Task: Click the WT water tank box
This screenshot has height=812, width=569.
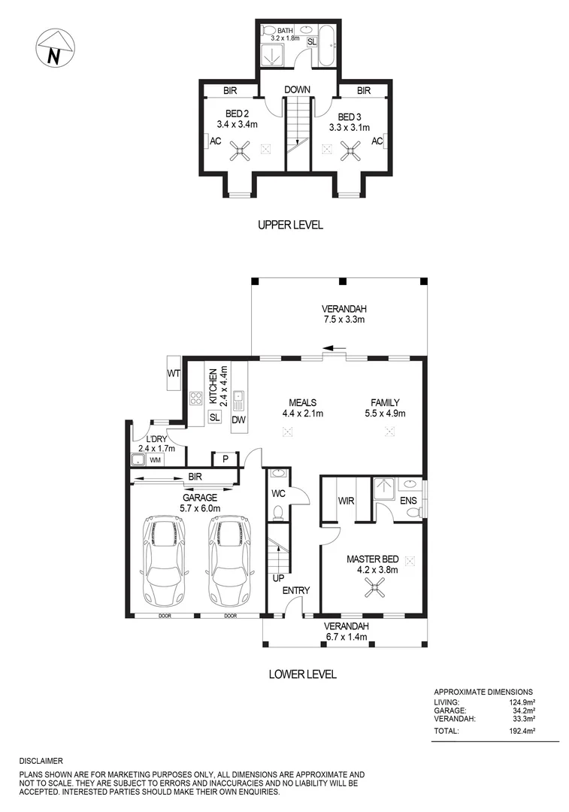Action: (174, 374)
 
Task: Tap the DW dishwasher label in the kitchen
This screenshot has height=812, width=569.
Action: (238, 419)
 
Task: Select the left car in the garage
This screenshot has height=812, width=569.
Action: (164, 560)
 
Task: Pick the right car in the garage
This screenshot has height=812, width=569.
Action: (229, 560)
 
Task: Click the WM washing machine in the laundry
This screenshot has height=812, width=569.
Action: (156, 459)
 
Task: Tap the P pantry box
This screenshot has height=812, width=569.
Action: (225, 459)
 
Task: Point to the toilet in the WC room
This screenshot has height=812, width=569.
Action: (277, 513)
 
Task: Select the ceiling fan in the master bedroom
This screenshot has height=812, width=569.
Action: (374, 589)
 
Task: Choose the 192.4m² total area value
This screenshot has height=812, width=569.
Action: (535, 731)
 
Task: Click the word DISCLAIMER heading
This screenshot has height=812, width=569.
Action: (41, 761)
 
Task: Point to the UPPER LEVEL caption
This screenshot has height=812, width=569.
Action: (290, 225)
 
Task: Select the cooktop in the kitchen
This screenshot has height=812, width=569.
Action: (196, 398)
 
